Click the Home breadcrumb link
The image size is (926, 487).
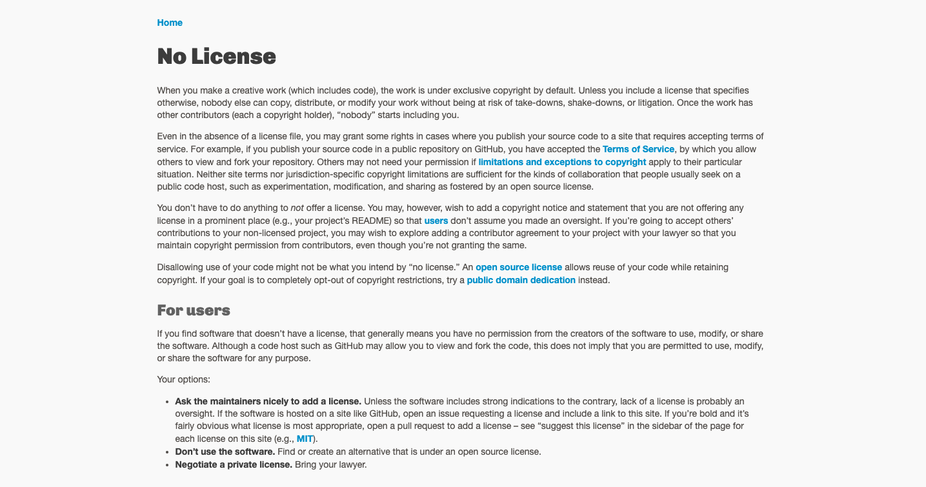pyautogui.click(x=170, y=23)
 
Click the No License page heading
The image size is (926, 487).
pyautogui.click(x=217, y=57)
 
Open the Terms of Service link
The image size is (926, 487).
pyautogui.click(x=638, y=149)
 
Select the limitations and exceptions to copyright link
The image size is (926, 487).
pyautogui.click(x=562, y=162)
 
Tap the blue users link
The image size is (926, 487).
pyautogui.click(x=436, y=221)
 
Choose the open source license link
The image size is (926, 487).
pyautogui.click(x=519, y=267)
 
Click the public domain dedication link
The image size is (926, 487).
pyautogui.click(x=521, y=280)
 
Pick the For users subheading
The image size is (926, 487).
pyautogui.click(x=194, y=310)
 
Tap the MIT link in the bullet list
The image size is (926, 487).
pyautogui.click(x=305, y=439)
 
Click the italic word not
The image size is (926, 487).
pyautogui.click(x=297, y=208)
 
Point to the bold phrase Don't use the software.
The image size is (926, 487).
pyautogui.click(x=225, y=452)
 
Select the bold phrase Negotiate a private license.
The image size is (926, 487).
pyautogui.click(x=234, y=464)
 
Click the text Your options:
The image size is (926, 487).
pyautogui.click(x=184, y=379)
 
